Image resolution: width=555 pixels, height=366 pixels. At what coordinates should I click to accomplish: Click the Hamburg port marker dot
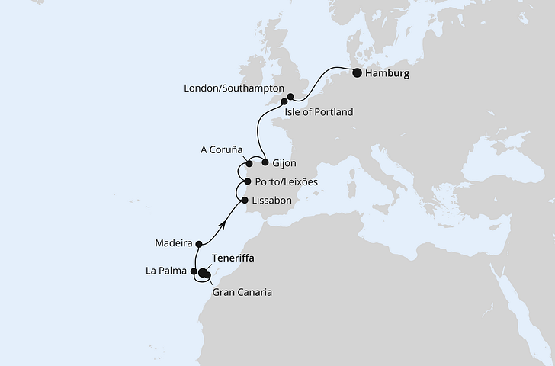[357, 73]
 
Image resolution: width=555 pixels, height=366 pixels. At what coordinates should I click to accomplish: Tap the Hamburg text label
[387, 74]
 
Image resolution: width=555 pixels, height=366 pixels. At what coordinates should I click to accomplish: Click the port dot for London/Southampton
[290, 97]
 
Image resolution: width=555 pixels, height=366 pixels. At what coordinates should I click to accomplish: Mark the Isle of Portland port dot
[284, 101]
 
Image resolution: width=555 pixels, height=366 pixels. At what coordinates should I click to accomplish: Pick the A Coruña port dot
[249, 163]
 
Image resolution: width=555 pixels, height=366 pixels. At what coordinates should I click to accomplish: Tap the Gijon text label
[284, 163]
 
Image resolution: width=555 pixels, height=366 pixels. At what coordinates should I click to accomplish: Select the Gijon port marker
[265, 162]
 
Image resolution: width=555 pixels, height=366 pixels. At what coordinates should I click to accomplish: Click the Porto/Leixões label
[287, 182]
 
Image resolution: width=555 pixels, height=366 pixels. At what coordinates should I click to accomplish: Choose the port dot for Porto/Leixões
[247, 182]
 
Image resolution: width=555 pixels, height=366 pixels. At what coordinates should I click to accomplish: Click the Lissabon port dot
[244, 201]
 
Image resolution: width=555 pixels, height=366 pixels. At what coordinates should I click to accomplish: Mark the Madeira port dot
[198, 244]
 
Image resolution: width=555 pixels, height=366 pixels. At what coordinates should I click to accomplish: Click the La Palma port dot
[194, 271]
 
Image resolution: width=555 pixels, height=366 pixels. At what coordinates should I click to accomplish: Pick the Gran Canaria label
[241, 291]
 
